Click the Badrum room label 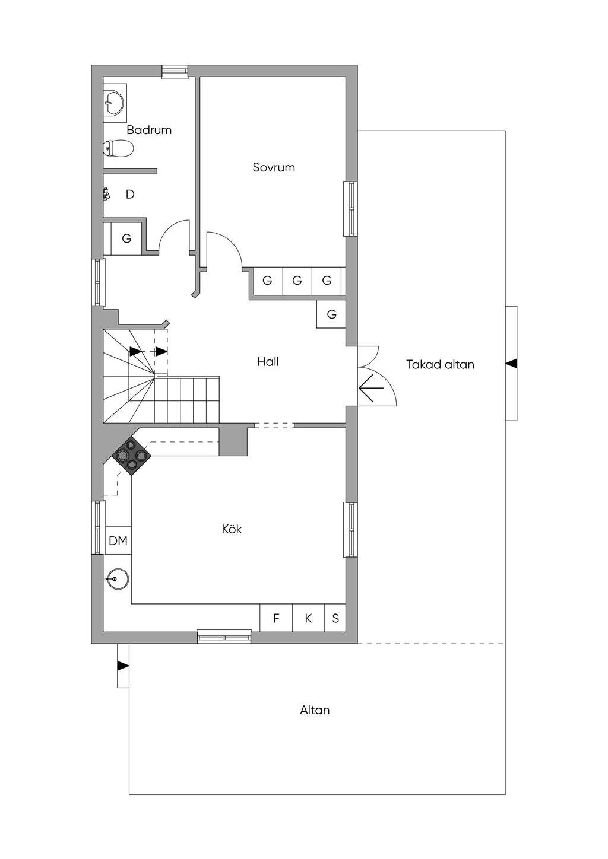point(148,130)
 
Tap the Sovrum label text point(273,167)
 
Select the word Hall point(268,362)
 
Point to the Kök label point(232,529)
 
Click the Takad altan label point(440,365)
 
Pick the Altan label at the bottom point(315,710)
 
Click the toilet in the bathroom point(119,148)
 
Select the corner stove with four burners point(131,456)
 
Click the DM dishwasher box point(118,541)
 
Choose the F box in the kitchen point(276,619)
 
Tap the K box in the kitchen point(308,619)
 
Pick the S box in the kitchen point(335,619)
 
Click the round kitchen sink point(118,579)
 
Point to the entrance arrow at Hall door point(371,389)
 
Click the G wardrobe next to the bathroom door point(126,238)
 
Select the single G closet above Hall point(331,314)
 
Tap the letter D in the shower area point(130,195)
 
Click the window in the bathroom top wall point(175,72)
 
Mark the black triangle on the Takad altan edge point(511,364)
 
